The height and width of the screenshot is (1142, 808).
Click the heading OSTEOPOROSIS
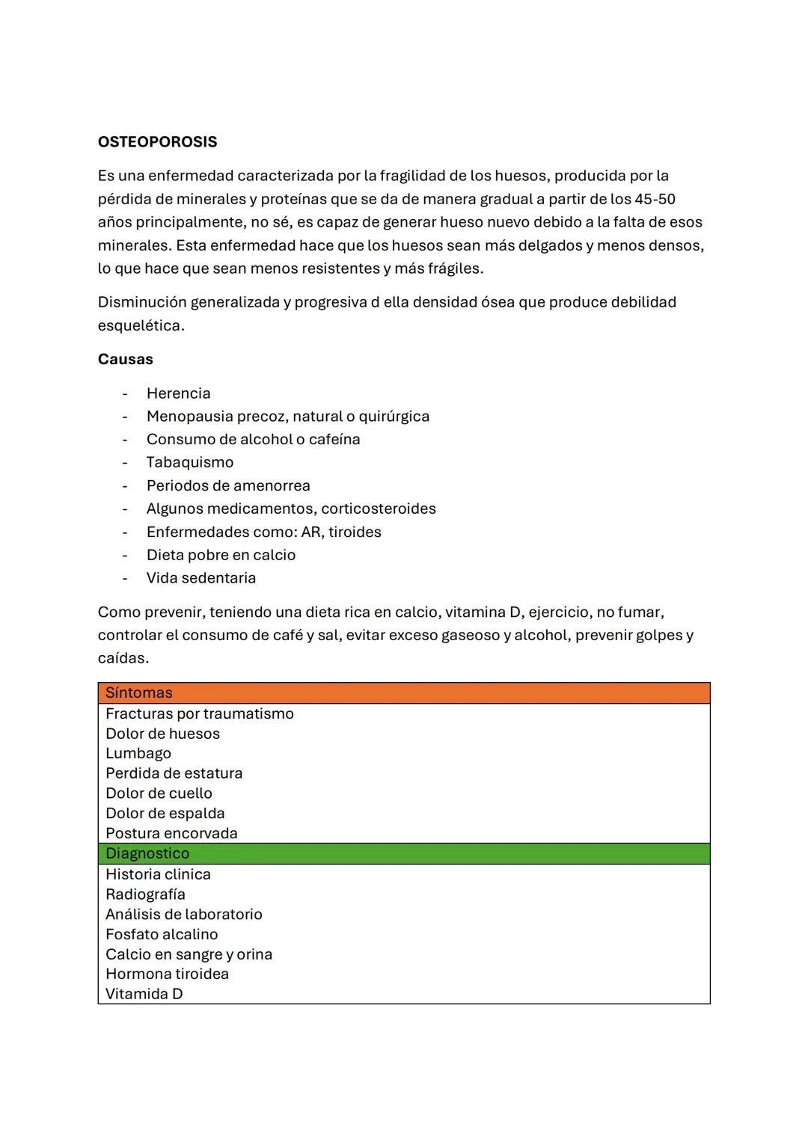point(157,142)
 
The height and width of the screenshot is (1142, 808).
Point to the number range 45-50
point(655,199)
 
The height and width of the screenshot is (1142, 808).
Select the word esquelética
point(141,325)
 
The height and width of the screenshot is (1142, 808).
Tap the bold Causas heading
point(125,359)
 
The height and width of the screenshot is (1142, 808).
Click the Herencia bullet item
point(178,393)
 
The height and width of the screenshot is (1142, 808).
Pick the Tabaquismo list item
point(189,462)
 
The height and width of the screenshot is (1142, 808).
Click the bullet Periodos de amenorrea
point(227,485)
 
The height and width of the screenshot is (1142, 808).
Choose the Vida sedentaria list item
point(201,578)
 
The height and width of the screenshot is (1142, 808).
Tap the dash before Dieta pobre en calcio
point(125,555)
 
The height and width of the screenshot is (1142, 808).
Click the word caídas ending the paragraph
point(123,658)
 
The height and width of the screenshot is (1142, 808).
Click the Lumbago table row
point(138,753)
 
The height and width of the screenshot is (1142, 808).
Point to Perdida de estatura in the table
point(174,773)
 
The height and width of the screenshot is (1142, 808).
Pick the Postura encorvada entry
point(171,833)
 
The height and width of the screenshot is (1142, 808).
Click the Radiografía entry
point(145,894)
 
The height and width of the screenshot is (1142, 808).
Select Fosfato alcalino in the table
point(162,934)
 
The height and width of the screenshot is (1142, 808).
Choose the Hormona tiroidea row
point(167,974)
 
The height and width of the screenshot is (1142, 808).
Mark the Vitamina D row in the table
point(144,994)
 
